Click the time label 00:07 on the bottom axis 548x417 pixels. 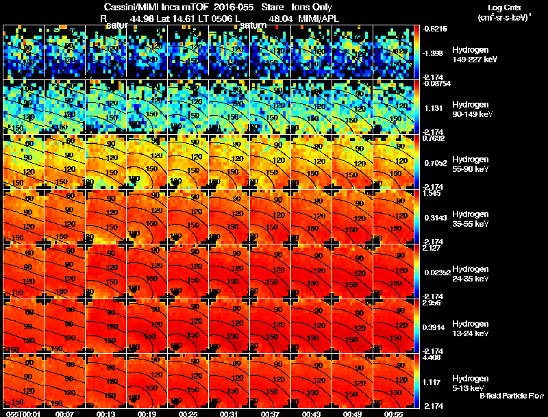point(65,414)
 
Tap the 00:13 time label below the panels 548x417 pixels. point(106,414)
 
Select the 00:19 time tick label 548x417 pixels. point(147,414)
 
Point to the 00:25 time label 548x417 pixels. point(188,414)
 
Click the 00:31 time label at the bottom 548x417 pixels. point(229,414)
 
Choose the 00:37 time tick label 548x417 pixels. point(271,414)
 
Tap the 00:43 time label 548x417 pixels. point(312,414)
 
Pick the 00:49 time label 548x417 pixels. point(353,414)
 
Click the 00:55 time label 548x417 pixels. point(394,414)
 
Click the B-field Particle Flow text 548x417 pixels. point(512,396)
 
